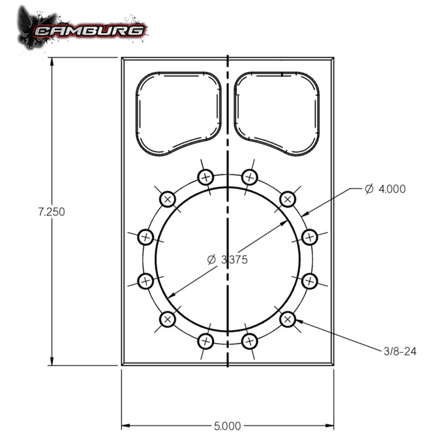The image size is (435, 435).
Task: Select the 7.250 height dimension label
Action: click(x=52, y=212)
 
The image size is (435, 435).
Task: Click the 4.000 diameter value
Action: click(x=392, y=189)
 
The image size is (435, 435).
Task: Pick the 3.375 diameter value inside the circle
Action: click(x=234, y=260)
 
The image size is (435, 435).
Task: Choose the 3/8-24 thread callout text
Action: click(x=400, y=351)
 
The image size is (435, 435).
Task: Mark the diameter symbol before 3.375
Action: click(x=212, y=260)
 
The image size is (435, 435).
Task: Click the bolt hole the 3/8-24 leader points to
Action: click(x=288, y=319)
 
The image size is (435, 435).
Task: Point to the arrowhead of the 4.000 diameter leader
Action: click(x=306, y=214)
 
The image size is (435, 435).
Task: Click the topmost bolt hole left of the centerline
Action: click(x=205, y=177)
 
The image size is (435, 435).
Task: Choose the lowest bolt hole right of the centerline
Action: click(x=250, y=341)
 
